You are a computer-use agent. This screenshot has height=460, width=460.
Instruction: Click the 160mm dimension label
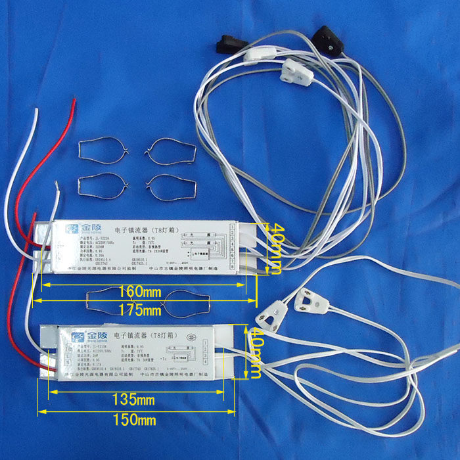click(x=142, y=292)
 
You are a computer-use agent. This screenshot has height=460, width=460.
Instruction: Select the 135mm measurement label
click(x=134, y=400)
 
